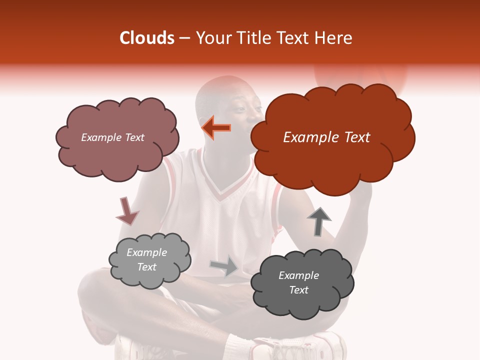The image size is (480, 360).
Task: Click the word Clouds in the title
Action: (147, 38)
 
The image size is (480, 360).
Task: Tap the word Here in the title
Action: (335, 38)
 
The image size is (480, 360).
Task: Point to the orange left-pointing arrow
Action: (216, 128)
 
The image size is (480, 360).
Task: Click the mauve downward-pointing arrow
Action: (127, 211)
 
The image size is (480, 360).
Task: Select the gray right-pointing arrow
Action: (224, 266)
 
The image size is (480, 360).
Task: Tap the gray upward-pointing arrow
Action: (318, 221)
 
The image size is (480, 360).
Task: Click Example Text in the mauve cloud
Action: (112, 137)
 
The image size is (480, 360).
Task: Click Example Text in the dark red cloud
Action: (326, 137)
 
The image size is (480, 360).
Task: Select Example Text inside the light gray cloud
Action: (147, 259)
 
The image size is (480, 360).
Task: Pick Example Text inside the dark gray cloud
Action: (298, 282)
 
